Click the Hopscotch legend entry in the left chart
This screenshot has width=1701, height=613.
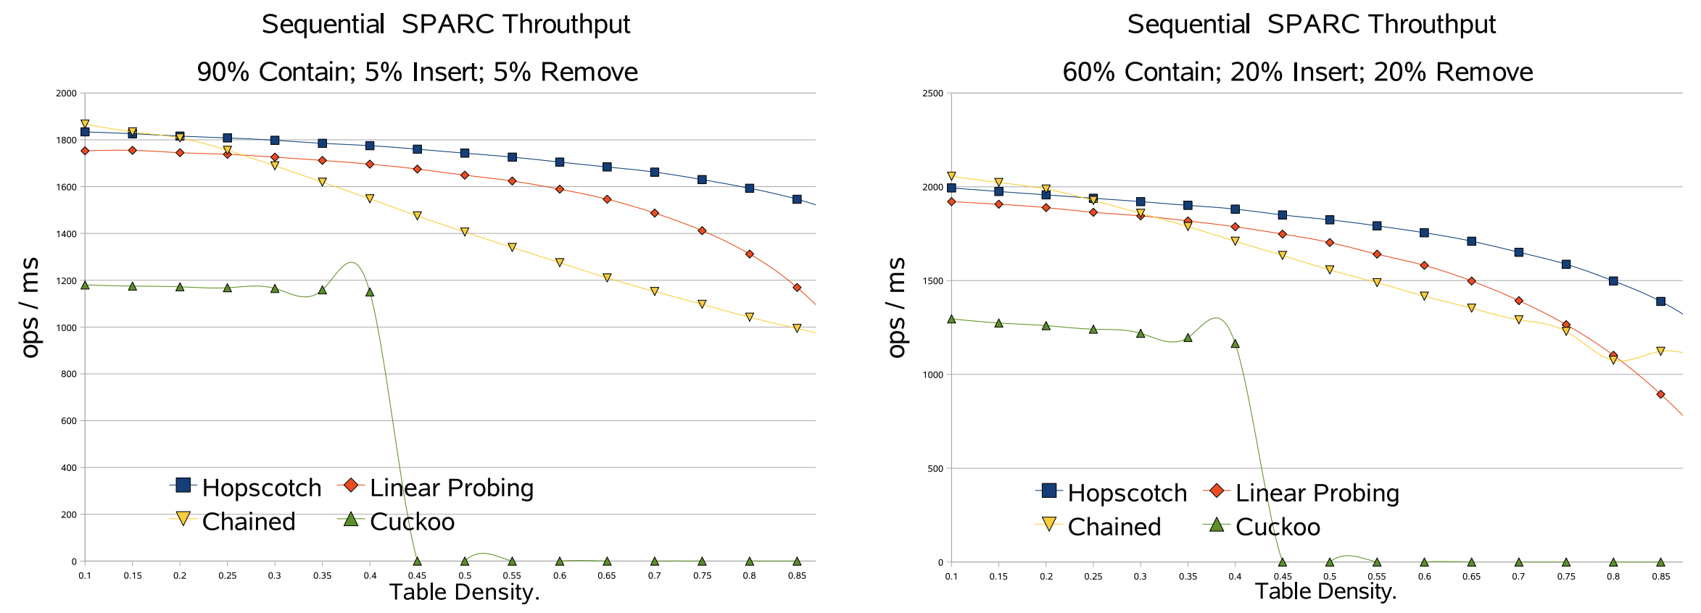coord(247,488)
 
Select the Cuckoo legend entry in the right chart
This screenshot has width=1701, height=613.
coord(1265,527)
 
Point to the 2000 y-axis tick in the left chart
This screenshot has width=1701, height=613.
coord(67,93)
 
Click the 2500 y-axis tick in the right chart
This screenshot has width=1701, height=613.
coord(932,93)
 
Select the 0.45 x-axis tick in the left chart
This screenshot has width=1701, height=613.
coord(417,576)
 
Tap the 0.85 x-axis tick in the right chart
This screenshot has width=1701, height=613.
coord(1660,577)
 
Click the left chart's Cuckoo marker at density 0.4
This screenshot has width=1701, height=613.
coord(370,292)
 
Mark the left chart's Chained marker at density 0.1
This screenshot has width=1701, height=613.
coord(85,124)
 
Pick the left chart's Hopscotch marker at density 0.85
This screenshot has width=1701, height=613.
coord(797,199)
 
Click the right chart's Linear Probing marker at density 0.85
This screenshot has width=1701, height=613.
coord(1660,394)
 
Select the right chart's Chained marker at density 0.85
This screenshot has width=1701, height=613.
coord(1660,351)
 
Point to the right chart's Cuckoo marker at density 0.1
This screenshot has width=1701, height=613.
coord(951,319)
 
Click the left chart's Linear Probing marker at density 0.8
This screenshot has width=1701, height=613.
coord(750,254)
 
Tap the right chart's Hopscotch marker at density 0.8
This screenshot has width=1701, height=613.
coord(1613,281)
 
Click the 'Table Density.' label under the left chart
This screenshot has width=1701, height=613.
coord(465,593)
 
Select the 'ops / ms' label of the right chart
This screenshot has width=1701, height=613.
coord(897,307)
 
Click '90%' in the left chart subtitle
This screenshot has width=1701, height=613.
coord(223,72)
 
